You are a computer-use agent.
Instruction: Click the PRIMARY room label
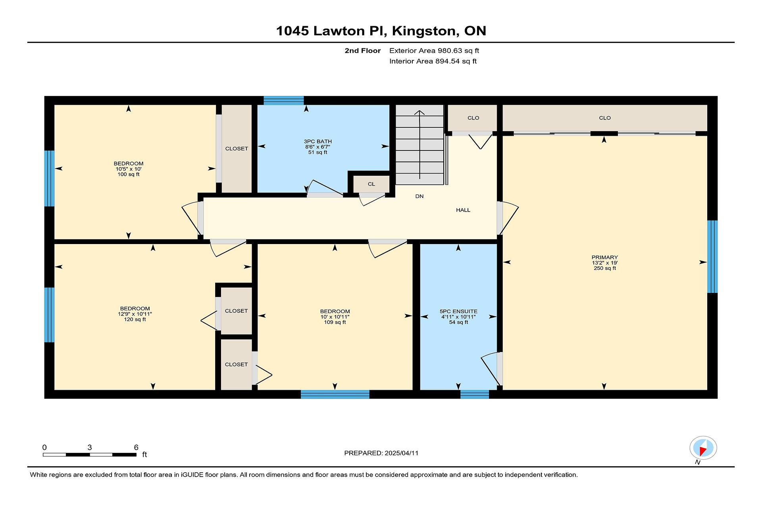(604, 257)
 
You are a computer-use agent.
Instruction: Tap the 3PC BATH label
(317, 141)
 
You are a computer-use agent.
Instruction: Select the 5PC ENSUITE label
(458, 312)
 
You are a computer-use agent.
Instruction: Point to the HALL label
(463, 210)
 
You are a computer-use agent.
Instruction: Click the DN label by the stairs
(419, 196)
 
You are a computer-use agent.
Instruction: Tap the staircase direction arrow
(419, 145)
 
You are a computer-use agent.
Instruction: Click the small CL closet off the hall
(371, 184)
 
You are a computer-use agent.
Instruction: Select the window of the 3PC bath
(284, 100)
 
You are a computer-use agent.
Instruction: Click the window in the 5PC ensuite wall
(475, 394)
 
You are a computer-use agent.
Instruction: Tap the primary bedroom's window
(712, 256)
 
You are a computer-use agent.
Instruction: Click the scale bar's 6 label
(136, 447)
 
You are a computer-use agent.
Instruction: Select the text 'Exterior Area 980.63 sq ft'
(434, 50)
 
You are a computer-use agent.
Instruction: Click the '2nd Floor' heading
(362, 50)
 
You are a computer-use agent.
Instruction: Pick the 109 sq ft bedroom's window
(335, 394)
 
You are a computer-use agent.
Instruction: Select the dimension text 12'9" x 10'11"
(135, 314)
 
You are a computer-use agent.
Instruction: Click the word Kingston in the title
(423, 31)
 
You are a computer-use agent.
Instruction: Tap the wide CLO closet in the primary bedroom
(605, 118)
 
